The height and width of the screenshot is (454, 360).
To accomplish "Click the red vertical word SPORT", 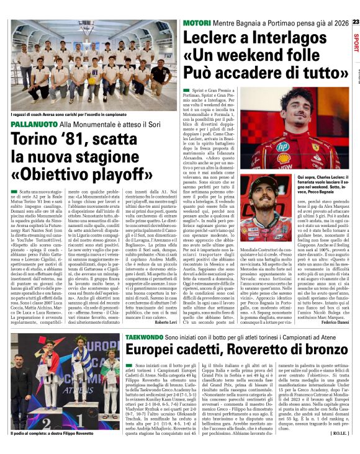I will [x=354, y=46].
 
